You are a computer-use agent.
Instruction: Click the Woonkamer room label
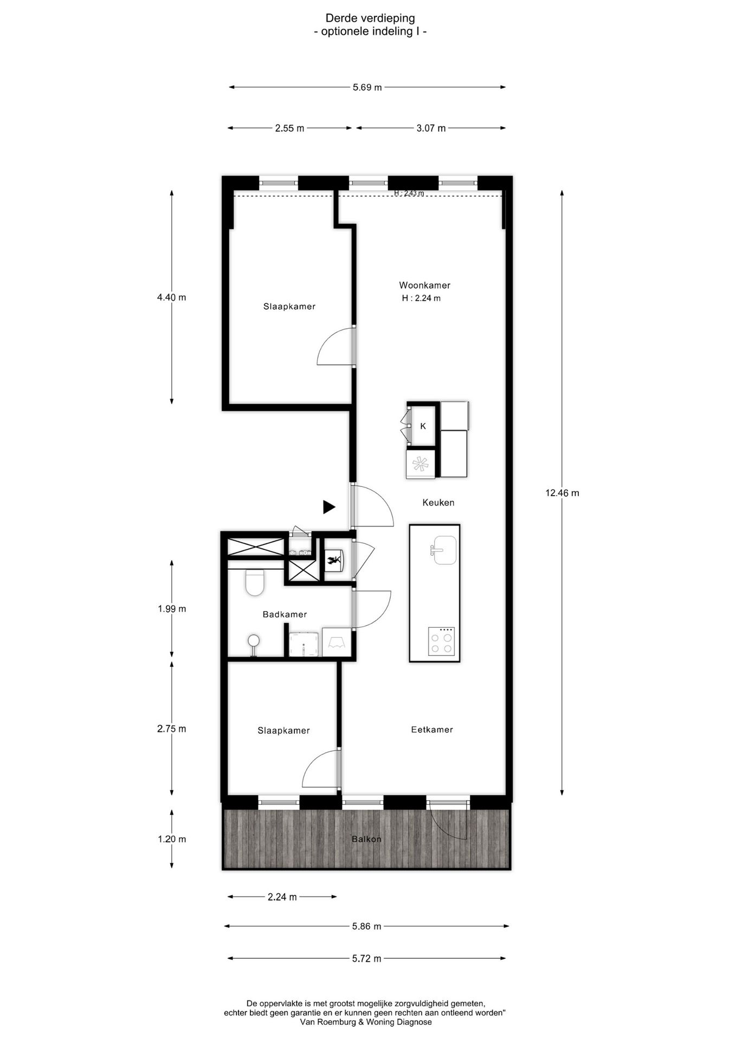pos(424,285)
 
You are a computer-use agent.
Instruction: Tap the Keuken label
pos(438,503)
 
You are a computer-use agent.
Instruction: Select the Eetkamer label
pos(432,730)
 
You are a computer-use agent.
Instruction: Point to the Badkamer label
pos(285,614)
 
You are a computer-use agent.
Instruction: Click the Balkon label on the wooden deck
pos(366,839)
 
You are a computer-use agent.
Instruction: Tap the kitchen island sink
pos(444,550)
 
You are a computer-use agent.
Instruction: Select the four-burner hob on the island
pos(441,641)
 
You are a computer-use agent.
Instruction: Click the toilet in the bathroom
pos(254,582)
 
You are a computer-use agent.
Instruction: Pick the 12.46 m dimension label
pos(562,493)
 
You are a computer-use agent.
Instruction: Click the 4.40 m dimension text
pos(171,297)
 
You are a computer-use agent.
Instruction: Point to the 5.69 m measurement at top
pos(367,87)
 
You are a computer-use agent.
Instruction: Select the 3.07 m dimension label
pos(431,128)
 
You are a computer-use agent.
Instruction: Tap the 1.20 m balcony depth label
pos(171,839)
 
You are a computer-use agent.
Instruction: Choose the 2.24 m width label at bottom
pos(282,897)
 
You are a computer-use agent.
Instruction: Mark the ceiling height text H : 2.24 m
pos(421,298)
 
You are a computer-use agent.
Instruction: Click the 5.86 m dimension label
pos(366,926)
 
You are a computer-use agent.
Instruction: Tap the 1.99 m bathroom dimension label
pos(171,609)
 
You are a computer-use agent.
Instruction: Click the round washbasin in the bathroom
pos(253,641)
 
